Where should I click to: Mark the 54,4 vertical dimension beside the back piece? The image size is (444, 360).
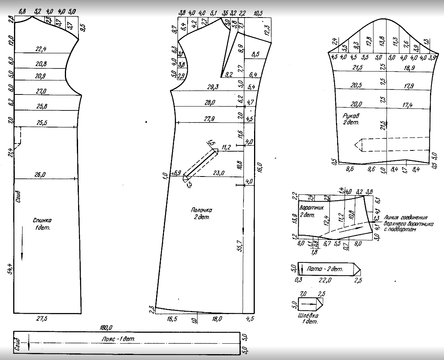pos(10,268)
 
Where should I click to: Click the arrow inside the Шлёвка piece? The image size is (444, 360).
pos(309,303)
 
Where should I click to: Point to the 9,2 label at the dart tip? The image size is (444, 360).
pos(228,74)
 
